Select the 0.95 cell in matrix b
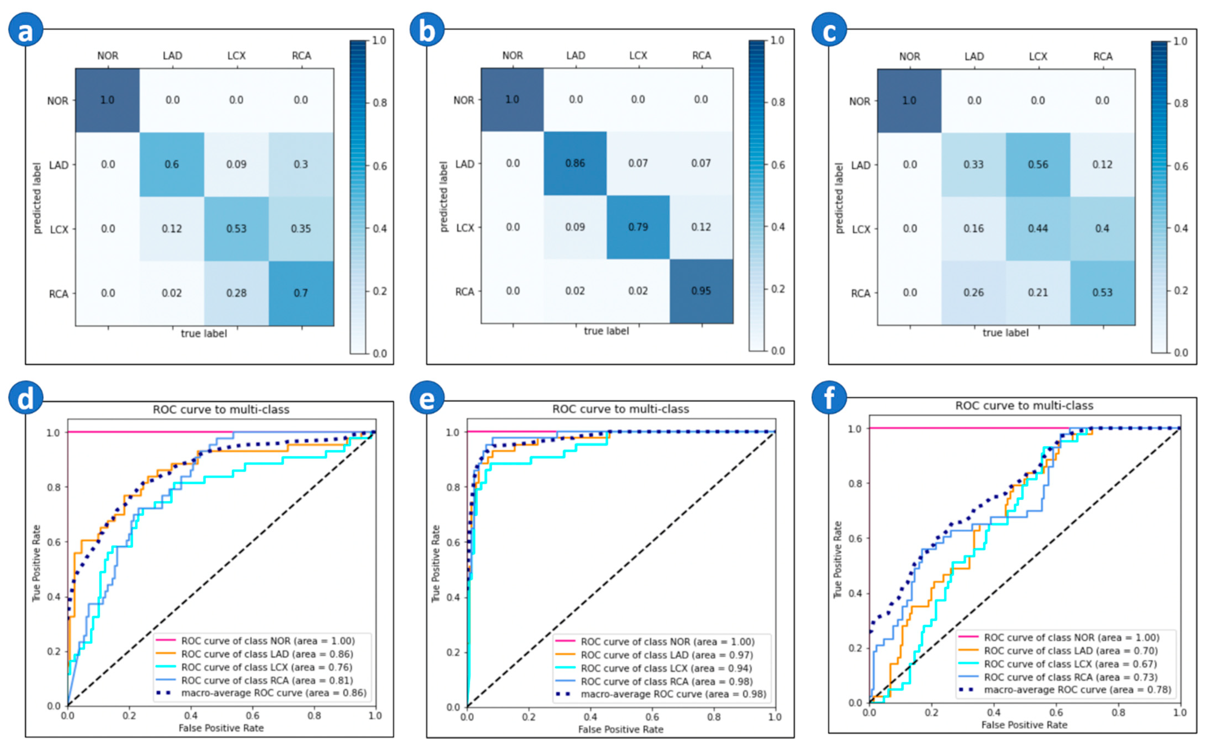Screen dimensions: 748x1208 tap(701, 291)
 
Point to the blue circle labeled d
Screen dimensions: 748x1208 tap(26, 398)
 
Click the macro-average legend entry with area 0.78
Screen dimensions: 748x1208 tap(1077, 690)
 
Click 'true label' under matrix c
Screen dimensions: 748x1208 tap(1005, 332)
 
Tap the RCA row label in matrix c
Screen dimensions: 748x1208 tap(860, 293)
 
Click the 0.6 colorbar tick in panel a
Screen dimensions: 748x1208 tap(380, 166)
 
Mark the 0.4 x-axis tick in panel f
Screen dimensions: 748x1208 tap(994, 712)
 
